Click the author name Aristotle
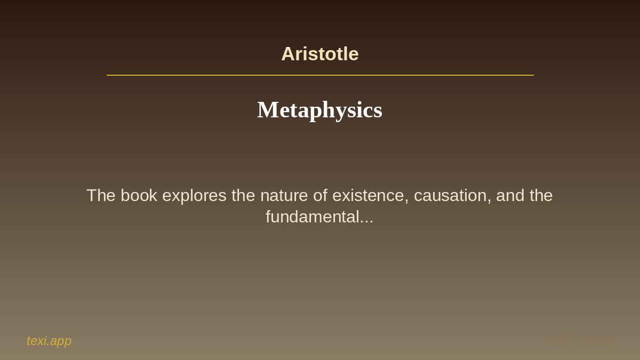pos(320,54)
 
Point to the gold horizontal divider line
pos(320,75)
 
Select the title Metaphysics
pos(320,110)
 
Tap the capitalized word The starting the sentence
pos(101,195)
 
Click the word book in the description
pos(139,195)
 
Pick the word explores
pos(194,196)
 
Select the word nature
pos(284,195)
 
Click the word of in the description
pos(320,195)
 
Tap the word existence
pos(369,195)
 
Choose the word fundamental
pos(312,217)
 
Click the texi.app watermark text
pos(49,341)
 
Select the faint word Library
pos(593,341)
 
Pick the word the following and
pos(541,195)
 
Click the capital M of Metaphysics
pos(267,110)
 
